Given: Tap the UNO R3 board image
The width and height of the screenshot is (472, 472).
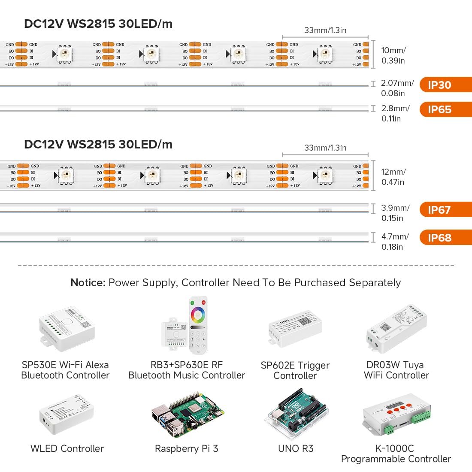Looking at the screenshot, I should tap(296, 415).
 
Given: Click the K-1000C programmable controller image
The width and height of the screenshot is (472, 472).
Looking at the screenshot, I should tap(396, 414).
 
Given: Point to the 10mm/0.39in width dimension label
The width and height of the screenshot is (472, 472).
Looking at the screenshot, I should tap(393, 55).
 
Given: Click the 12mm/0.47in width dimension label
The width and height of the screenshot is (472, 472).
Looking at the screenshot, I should tap(393, 177).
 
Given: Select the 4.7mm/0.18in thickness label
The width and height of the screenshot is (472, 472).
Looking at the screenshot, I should tap(394, 242).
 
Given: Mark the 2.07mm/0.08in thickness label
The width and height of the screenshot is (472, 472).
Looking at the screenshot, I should tap(397, 88).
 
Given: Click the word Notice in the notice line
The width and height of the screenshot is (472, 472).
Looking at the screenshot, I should tap(88, 283).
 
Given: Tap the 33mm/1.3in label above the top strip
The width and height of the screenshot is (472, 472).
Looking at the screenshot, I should tap(325, 30).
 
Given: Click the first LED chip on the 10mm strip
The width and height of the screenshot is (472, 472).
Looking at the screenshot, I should tap(65, 54).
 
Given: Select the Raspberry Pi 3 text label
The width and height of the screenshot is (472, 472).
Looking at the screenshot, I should tap(186, 449).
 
